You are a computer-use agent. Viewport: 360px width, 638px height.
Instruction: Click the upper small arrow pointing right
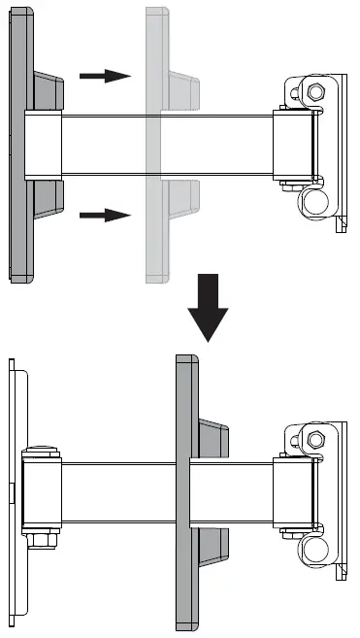point(104,75)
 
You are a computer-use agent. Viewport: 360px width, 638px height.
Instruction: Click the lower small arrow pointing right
point(104,212)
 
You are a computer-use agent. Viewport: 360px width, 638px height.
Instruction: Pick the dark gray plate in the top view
point(20,146)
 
